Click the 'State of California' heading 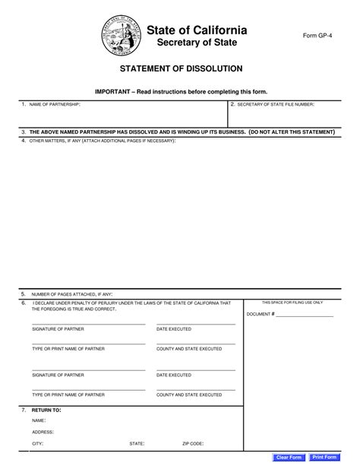[x=197, y=30]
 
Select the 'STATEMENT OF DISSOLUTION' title [x=180, y=68]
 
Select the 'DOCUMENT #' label [x=261, y=314]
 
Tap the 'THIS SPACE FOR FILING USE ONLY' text [x=292, y=302]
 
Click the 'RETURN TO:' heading [x=46, y=409]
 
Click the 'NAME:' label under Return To [x=39, y=420]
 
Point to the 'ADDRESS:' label [x=43, y=431]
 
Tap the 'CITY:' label [x=37, y=442]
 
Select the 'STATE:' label [x=137, y=442]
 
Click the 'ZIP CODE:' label [x=192, y=442]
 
